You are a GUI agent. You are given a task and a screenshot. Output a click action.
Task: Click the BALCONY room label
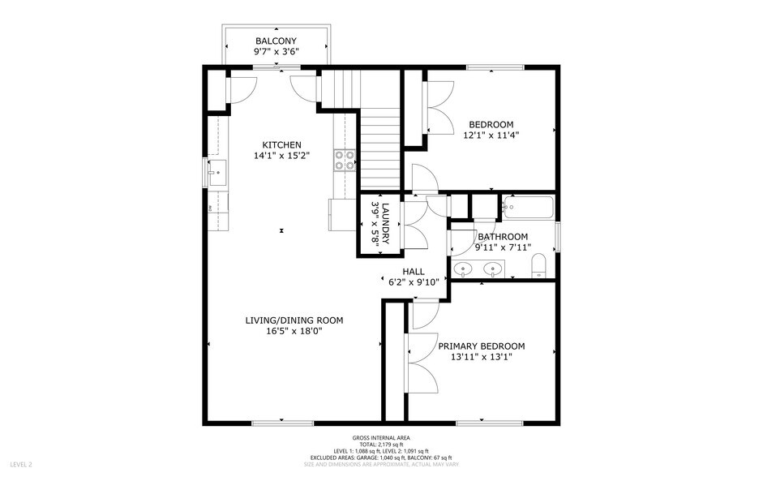[x=276, y=41]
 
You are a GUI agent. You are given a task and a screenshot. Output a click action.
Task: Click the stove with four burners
[x=345, y=160]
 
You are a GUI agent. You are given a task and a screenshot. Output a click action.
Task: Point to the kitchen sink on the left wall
[x=216, y=173]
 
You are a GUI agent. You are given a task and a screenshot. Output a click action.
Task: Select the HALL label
[x=413, y=271]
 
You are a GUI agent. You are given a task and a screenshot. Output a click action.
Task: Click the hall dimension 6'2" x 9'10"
[x=413, y=282]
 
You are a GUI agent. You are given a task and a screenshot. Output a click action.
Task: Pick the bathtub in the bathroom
[x=528, y=208]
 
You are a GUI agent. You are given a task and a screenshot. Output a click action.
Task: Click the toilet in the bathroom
[x=539, y=266]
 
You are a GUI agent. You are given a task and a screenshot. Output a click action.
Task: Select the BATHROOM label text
[x=503, y=237]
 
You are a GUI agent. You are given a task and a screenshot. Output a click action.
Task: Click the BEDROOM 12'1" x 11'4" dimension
[x=491, y=136]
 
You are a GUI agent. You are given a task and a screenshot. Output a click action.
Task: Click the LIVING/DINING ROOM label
[x=294, y=320]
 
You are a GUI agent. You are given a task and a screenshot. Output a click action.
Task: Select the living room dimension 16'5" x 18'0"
[x=294, y=332]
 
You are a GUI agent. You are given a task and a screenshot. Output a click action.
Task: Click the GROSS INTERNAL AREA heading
[x=381, y=437]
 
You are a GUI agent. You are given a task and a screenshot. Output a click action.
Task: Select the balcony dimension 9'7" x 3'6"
[x=276, y=53]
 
